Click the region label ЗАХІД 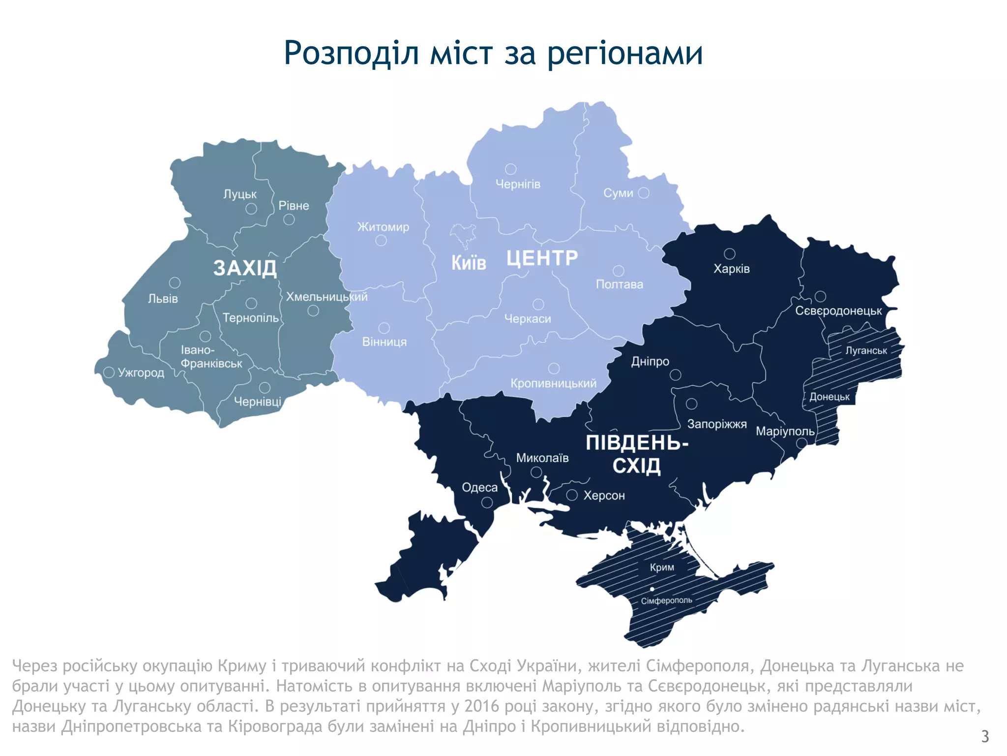[x=245, y=268]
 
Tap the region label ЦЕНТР [x=542, y=258]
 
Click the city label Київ [x=469, y=263]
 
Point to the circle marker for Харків [x=730, y=253]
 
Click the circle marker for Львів [x=175, y=283]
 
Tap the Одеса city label [x=479, y=488]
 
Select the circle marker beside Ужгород [x=109, y=373]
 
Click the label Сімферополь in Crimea [x=666, y=600]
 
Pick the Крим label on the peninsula [x=662, y=567]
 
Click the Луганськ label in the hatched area [x=866, y=350]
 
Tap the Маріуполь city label [x=785, y=432]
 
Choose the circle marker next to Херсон [x=572, y=495]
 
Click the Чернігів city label [x=518, y=184]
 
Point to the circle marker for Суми [x=644, y=193]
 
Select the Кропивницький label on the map [x=553, y=383]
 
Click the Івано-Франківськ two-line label [x=211, y=357]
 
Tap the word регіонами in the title [x=624, y=53]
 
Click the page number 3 [x=985, y=736]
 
